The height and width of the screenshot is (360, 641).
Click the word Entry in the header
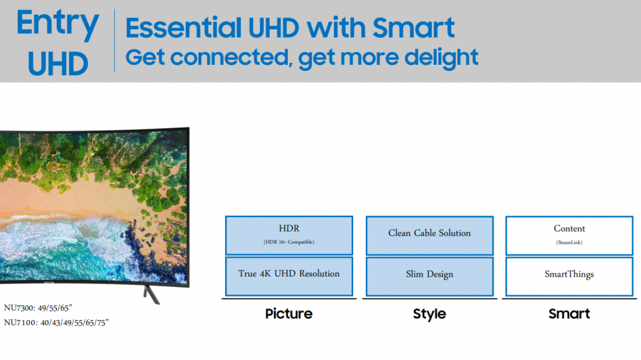pos(57,24)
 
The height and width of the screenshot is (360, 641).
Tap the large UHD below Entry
pos(57,63)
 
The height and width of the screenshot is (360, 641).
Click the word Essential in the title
pos(184,27)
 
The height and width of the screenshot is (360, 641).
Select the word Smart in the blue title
pos(413,27)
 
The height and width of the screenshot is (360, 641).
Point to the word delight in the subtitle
pos(441,57)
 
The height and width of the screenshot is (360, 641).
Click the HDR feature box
pos(289,235)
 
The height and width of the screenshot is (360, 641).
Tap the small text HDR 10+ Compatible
pos(289,242)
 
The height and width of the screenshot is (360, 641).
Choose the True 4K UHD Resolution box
pos(289,276)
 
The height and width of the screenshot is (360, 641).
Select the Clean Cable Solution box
pos(429,235)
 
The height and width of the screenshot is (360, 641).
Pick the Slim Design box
pos(429,276)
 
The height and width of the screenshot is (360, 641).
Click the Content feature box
pos(570,235)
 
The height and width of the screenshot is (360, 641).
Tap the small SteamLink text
pos(570,242)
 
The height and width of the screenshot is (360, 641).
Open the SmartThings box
pos(570,276)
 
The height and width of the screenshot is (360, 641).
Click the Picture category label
pos(288,314)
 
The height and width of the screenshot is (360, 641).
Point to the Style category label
pos(429,314)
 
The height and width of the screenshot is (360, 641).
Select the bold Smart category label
pos(569,314)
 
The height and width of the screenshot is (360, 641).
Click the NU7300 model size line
pos(38,308)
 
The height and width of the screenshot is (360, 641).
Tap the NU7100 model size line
pos(56,323)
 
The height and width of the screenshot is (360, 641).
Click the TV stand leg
pos(152,295)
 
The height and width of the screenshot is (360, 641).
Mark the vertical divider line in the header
pos(114,41)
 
